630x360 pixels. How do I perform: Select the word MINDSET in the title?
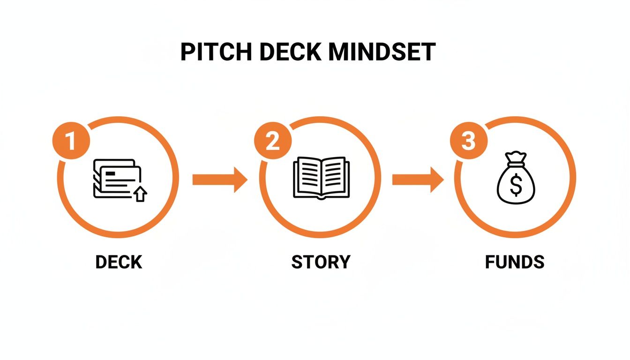382,52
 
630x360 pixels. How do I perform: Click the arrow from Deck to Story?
219,179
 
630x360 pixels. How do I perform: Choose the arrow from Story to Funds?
418,179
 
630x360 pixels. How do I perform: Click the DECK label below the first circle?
119,262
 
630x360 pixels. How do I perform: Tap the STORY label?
321,262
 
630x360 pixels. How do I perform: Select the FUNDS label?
515,262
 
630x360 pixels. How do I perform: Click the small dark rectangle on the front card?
111,173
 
